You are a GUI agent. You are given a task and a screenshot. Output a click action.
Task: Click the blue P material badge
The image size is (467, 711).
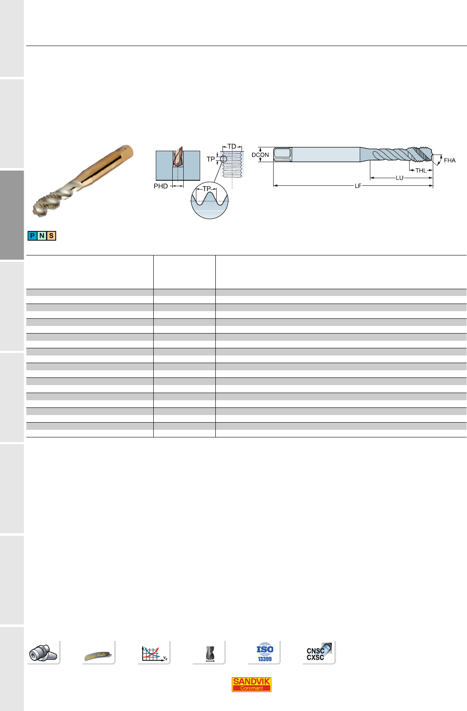tap(33, 236)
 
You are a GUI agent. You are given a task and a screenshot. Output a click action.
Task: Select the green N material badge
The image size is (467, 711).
tap(42, 236)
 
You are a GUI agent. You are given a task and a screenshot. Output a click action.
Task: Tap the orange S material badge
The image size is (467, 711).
tap(51, 236)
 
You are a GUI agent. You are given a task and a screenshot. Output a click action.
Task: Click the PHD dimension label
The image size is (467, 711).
tap(160, 186)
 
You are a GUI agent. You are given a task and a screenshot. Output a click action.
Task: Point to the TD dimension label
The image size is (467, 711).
tap(232, 147)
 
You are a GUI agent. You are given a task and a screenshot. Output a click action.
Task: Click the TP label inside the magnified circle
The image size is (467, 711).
tap(206, 189)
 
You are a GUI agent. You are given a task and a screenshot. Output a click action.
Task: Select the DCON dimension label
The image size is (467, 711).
tap(260, 155)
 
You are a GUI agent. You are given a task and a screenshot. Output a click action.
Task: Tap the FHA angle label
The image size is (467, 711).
tap(450, 160)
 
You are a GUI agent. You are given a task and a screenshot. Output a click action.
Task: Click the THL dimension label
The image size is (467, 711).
tap(421, 171)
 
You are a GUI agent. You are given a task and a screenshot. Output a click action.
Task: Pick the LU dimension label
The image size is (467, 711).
tap(399, 178)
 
